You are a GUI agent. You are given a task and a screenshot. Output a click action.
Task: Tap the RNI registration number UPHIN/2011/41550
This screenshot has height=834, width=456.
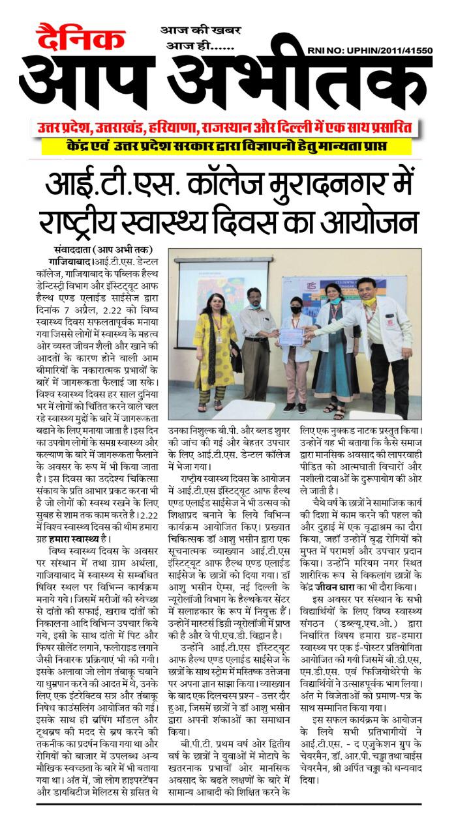pos(369,50)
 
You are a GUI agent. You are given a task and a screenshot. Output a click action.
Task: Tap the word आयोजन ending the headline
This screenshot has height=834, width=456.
pos(379,218)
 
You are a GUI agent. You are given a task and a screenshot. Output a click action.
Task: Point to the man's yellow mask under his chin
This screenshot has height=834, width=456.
pos(371,302)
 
